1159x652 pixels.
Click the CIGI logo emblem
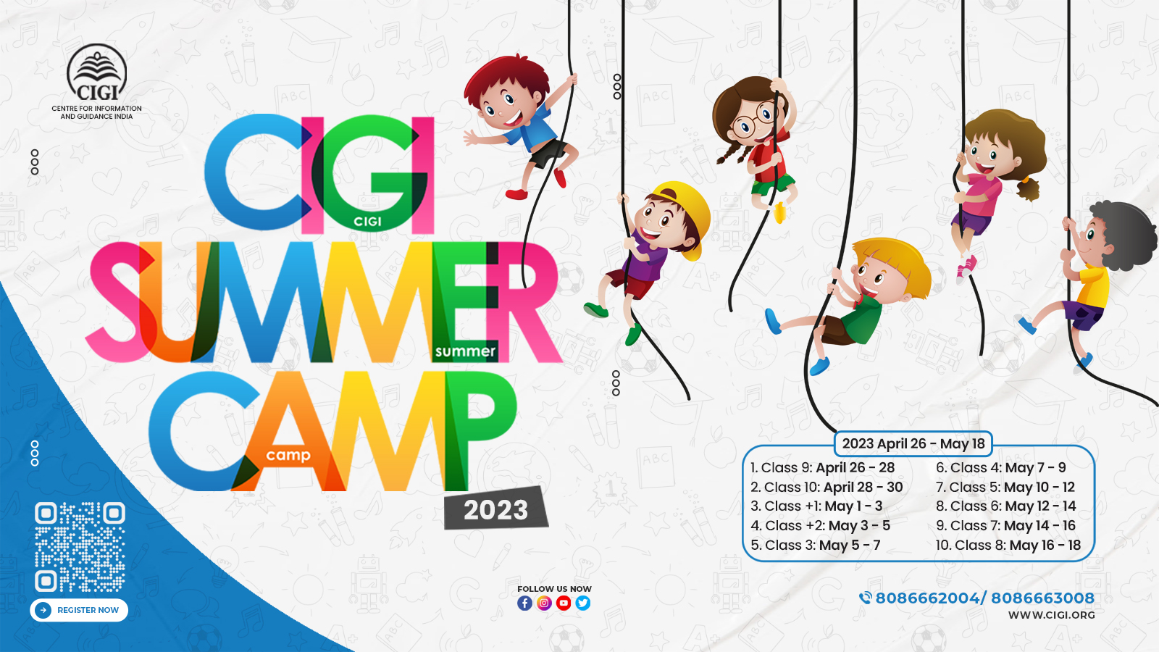[97, 72]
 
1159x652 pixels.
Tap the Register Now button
[79, 610]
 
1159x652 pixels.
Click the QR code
[80, 547]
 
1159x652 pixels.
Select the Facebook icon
[524, 603]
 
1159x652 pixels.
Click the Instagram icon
[544, 603]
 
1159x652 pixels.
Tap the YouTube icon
[564, 603]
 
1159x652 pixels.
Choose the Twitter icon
[582, 603]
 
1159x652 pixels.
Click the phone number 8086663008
[1042, 598]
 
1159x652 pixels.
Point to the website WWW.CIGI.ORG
[1051, 615]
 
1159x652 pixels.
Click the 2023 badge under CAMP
[495, 509]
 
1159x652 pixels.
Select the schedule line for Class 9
[823, 468]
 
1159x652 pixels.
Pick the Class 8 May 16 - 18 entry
[1008, 545]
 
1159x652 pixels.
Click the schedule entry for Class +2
[820, 526]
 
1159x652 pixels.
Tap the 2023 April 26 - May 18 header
[913, 443]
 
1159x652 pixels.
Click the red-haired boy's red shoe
[516, 195]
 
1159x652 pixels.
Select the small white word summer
[466, 352]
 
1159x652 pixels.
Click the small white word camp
[288, 456]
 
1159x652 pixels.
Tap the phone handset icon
[865, 598]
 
